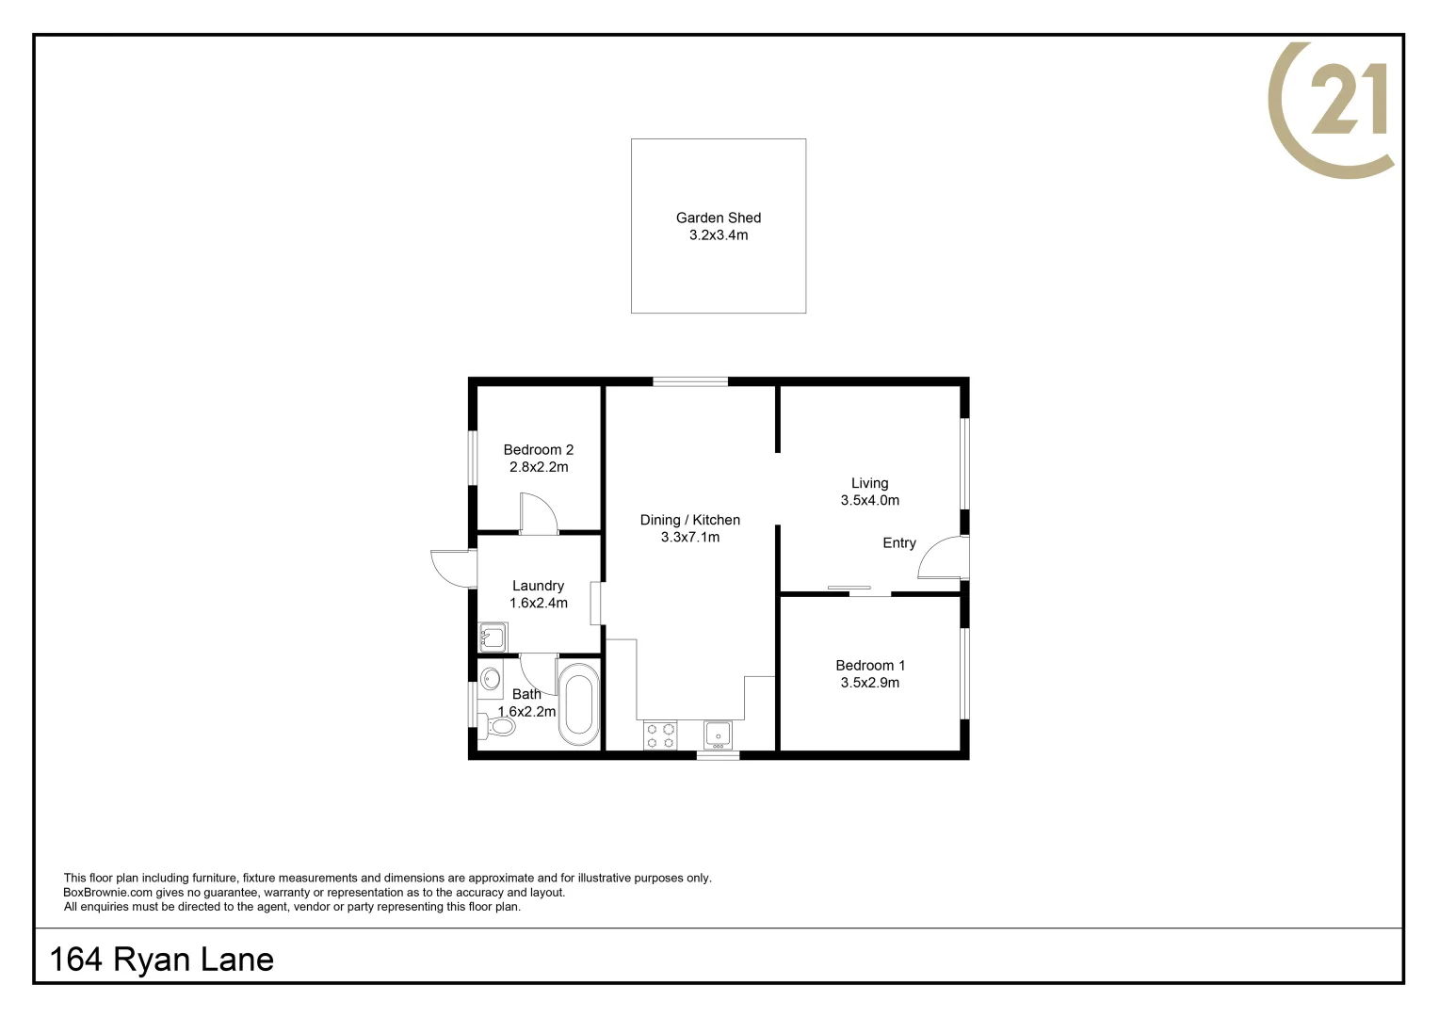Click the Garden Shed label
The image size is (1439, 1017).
click(x=718, y=218)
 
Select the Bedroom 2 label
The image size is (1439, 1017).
click(x=538, y=450)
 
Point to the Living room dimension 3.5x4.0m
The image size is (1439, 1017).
click(x=869, y=501)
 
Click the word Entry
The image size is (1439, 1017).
click(x=898, y=543)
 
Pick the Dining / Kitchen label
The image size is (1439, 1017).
click(x=689, y=520)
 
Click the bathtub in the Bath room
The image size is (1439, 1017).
click(x=578, y=704)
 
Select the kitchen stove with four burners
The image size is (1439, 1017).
click(x=660, y=735)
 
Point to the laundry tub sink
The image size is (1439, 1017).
click(x=493, y=638)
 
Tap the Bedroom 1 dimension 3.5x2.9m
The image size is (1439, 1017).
click(x=869, y=683)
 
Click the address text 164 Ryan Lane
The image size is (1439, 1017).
click(x=161, y=960)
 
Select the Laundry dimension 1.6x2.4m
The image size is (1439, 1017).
click(x=538, y=604)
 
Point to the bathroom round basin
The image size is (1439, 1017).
click(x=490, y=678)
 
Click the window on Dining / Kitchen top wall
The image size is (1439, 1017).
click(x=690, y=381)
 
